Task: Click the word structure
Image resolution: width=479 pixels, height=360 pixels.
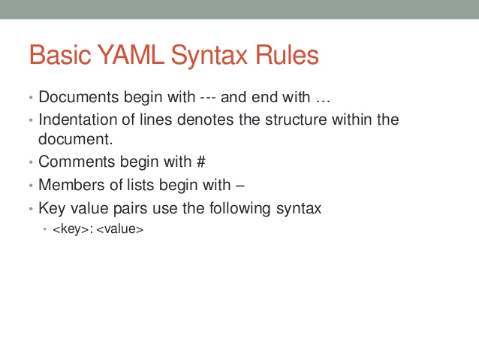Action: tap(300, 119)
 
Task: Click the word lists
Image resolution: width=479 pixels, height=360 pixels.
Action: tap(134, 185)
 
